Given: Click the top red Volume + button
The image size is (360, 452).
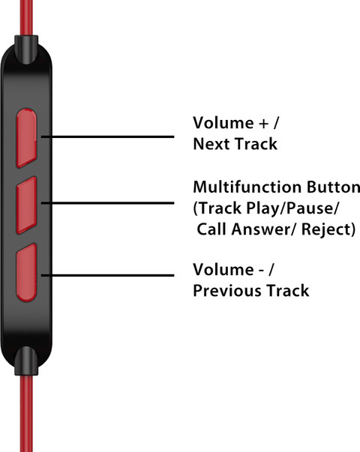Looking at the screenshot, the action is (x=26, y=138).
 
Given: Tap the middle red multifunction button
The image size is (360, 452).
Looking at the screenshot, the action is (x=26, y=205).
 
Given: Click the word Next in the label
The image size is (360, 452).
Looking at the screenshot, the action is (x=212, y=144).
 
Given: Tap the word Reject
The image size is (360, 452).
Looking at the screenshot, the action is (x=325, y=229).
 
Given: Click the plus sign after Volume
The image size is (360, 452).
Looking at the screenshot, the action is (x=264, y=124).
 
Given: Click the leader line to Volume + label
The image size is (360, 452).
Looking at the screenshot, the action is (x=107, y=136).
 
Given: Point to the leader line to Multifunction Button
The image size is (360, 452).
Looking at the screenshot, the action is (x=107, y=203).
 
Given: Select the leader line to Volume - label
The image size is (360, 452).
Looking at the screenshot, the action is (x=107, y=275).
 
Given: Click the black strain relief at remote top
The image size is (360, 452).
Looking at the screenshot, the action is (x=26, y=49).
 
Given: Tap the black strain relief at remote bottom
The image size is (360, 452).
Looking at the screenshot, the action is (x=26, y=361).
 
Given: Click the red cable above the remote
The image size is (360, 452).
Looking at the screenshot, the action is (x=26, y=17).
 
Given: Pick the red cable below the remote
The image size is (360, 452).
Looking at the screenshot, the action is (x=26, y=413).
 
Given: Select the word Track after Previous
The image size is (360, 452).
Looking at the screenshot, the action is (x=287, y=290).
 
